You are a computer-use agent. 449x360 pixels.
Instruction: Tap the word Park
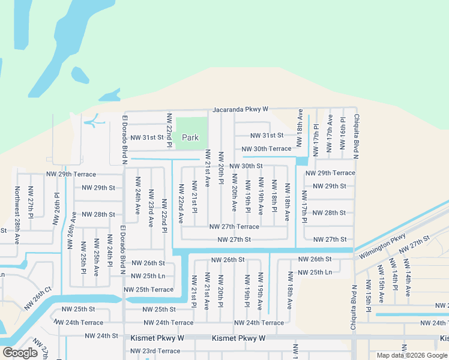point(190,137)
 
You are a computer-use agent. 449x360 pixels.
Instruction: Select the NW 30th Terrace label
point(267,149)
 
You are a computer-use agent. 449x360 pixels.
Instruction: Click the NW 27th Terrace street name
point(234,227)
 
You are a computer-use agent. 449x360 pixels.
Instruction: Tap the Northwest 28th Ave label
point(17,206)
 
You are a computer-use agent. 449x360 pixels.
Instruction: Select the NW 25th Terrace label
point(148,290)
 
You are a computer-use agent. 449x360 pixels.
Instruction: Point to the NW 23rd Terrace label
point(155,351)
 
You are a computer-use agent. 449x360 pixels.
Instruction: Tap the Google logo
point(20,353)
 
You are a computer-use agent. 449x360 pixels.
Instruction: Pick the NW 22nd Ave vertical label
point(180,203)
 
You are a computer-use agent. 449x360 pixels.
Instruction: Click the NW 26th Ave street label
point(73,232)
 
